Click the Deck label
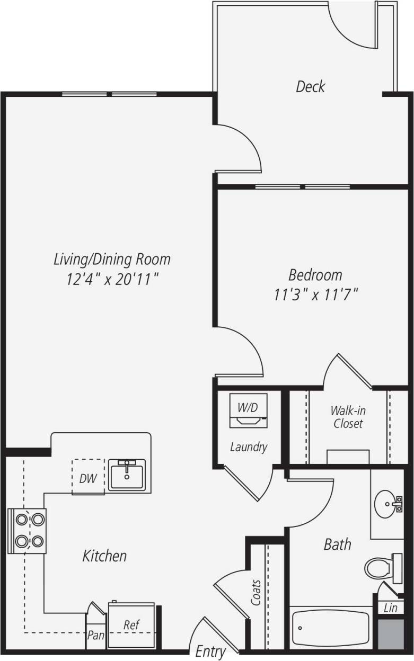pos(310,86)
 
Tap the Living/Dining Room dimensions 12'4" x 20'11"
pos(112,279)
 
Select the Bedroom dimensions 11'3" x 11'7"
pos(315,294)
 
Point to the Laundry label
pos(248,447)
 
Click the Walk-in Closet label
pos(348,417)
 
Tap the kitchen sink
pos(127,475)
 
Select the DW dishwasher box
pos(88,478)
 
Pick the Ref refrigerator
pos(131,626)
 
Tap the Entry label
pos(210,651)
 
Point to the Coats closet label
pos(257,593)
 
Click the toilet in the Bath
pos(380,568)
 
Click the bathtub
pos(330,628)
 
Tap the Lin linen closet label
pos(390,608)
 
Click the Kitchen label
pos(104,556)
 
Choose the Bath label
pos(337,544)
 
